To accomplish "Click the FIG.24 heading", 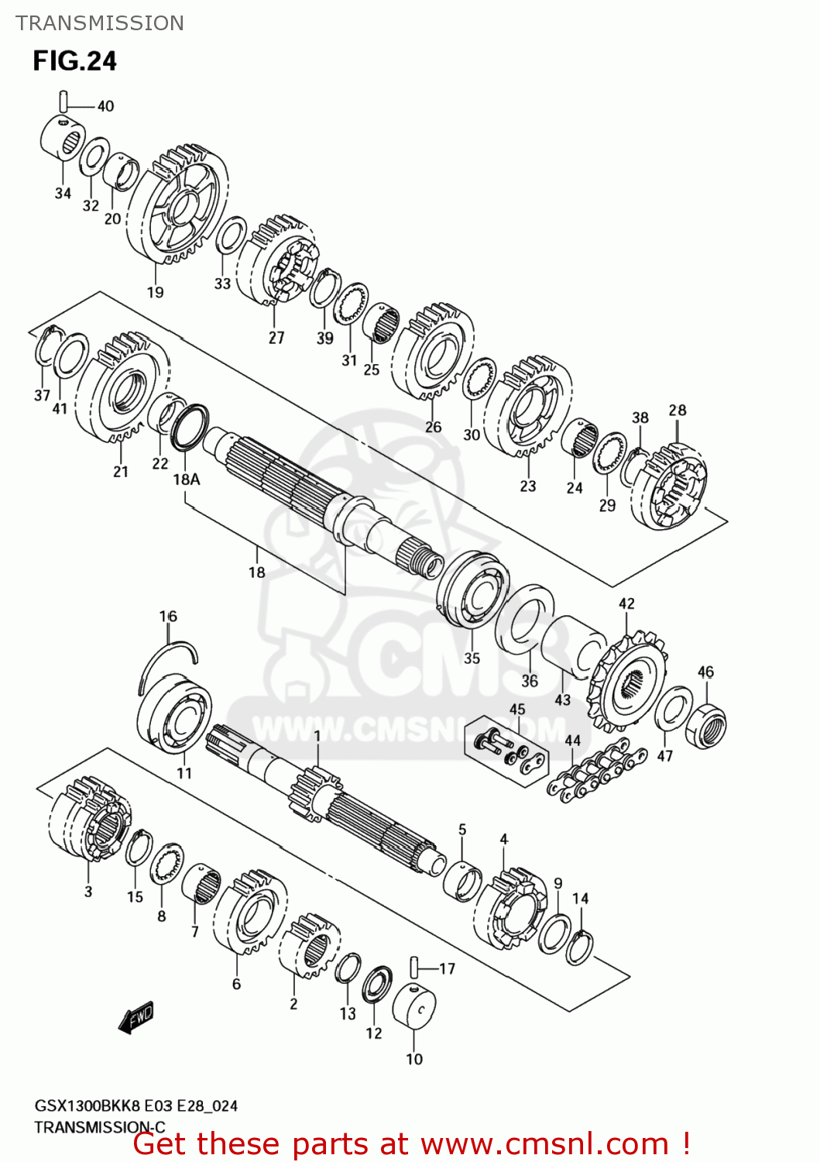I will pyautogui.click(x=74, y=60).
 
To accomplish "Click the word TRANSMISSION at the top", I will pyautogui.click(x=100, y=23).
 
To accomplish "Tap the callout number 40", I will pyautogui.click(x=105, y=106).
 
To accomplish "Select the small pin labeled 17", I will pyautogui.click(x=416, y=968).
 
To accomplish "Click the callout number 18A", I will pyautogui.click(x=186, y=480).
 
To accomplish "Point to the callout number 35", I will pyautogui.click(x=472, y=658).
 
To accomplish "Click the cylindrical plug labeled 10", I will pyautogui.click(x=414, y=1006).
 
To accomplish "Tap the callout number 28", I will pyautogui.click(x=678, y=410).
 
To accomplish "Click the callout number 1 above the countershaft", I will pyautogui.click(x=317, y=734).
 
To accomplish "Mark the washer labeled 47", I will pyautogui.click(x=674, y=708).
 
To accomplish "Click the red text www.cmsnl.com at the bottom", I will pyautogui.click(x=544, y=1143).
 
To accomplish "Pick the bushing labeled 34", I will pyautogui.click(x=62, y=137).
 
